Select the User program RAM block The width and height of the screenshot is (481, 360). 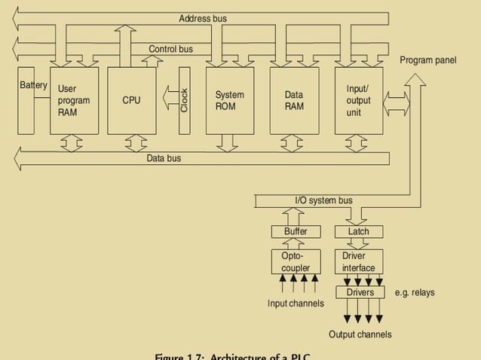coord(74,101)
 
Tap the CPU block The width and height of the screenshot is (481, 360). coord(131,101)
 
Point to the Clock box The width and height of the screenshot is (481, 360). coord(184,101)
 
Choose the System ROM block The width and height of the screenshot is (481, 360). coord(229,101)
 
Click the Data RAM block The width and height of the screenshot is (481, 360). coord(294,101)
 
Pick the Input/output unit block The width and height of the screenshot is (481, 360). coord(359,101)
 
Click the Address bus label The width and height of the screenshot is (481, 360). coord(203,18)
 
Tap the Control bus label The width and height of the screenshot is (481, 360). coord(170,50)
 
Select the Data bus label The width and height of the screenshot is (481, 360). coord(164,159)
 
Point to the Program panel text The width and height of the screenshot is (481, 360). coord(427,60)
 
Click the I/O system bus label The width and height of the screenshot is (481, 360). coord(323,201)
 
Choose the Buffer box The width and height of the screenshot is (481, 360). coord(296,232)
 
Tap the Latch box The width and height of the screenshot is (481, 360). coord(359,232)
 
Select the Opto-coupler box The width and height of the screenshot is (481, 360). coord(296,262)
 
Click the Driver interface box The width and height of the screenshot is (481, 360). coord(359,262)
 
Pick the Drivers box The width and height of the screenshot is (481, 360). coord(360,292)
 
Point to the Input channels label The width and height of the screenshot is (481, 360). coord(296,304)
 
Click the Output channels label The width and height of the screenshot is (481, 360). coord(360,334)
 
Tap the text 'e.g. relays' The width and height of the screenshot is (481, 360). coord(415,292)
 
